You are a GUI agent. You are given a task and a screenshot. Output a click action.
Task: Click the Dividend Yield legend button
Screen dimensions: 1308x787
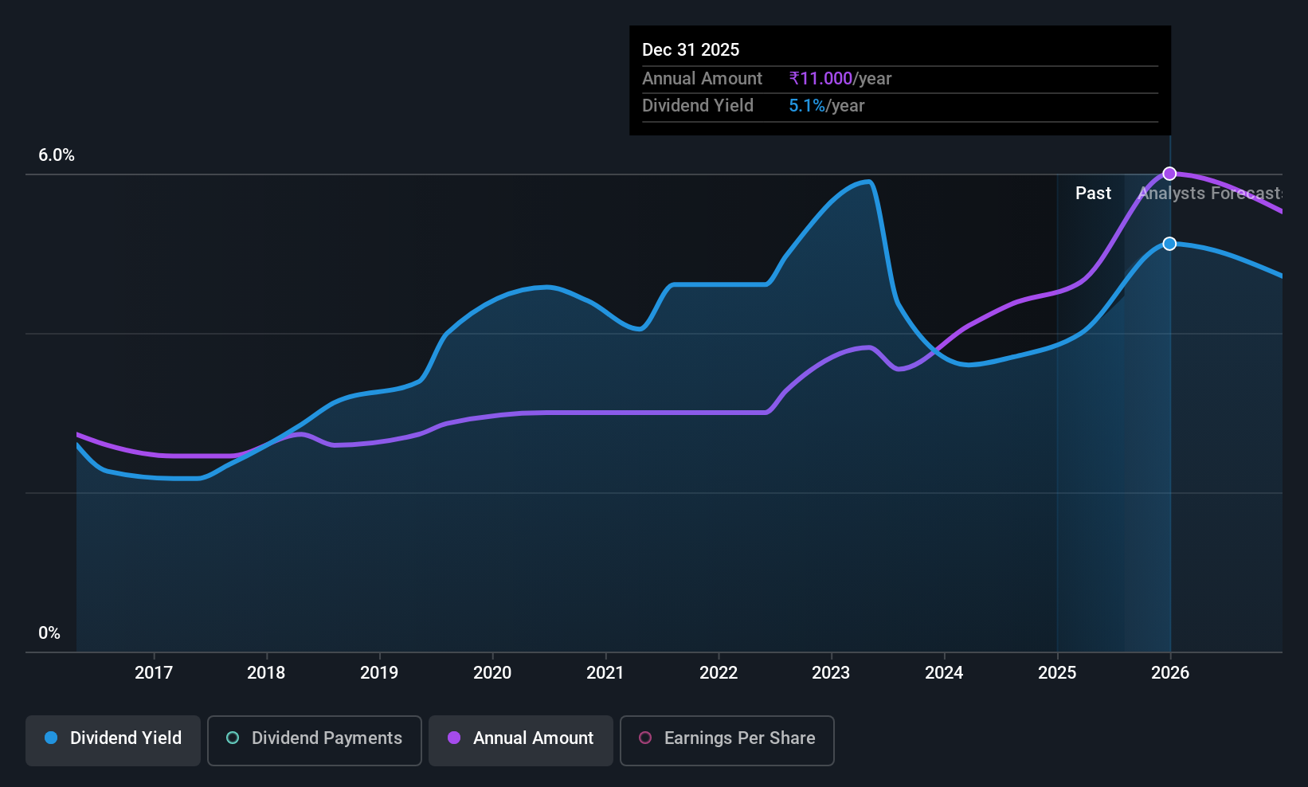point(112,740)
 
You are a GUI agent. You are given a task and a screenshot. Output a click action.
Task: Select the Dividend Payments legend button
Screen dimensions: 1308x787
point(314,740)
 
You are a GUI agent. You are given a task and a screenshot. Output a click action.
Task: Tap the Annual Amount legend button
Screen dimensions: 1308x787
point(521,740)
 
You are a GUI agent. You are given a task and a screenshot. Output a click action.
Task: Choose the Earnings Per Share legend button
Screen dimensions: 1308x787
point(727,740)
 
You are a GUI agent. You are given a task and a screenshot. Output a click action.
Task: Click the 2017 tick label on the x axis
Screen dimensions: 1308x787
point(154,672)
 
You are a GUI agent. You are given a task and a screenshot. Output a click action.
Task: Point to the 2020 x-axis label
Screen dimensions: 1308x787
point(492,672)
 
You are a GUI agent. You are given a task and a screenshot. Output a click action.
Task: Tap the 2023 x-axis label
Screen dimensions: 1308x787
point(831,672)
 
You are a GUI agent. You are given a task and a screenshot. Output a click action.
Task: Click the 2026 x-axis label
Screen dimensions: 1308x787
point(1170,672)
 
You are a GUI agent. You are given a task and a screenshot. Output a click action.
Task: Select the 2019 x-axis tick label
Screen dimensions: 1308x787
point(379,672)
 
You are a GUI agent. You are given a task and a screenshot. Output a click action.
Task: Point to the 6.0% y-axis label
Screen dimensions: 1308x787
point(57,155)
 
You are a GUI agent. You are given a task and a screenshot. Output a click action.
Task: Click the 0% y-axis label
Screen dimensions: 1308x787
point(49,633)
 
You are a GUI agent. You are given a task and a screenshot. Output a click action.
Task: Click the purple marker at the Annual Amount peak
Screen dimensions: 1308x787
point(1169,174)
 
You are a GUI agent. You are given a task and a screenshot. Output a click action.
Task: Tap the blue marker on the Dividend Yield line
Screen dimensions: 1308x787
point(1169,244)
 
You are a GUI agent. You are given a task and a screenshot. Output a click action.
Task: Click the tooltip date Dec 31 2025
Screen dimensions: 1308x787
point(691,50)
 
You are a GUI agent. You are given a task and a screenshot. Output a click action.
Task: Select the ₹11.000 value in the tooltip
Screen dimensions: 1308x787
point(820,78)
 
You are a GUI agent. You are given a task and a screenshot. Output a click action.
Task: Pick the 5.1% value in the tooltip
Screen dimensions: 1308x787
point(807,106)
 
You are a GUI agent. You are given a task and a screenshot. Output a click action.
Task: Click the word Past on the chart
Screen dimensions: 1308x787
point(1093,194)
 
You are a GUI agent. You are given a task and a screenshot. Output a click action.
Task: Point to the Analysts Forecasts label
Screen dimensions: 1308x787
point(1210,194)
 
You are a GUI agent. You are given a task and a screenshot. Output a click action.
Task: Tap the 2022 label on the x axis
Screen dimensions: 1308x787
point(719,672)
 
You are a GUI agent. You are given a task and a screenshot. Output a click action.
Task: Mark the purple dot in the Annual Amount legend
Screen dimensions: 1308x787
point(454,738)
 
